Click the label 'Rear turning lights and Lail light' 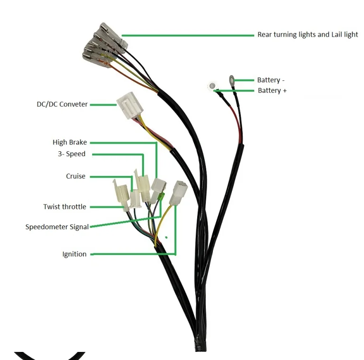tap(307, 35)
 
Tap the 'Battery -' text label tap(270, 80)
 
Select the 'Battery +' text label tap(272, 90)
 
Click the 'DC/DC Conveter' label tap(62, 104)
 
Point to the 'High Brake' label tap(69, 142)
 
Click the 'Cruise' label tap(76, 176)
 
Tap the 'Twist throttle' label tap(65, 207)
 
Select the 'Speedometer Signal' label tap(57, 227)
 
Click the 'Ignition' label tap(75, 254)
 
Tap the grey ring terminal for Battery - tap(232, 79)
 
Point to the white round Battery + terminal tap(211, 86)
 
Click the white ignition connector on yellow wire tap(180, 191)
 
